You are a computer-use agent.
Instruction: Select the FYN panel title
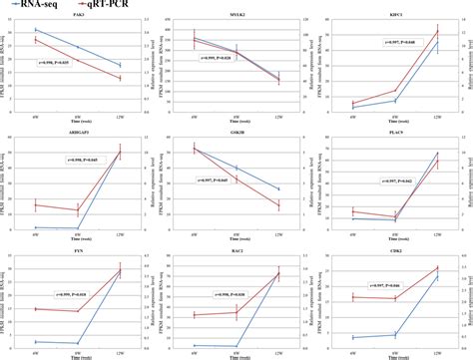78,256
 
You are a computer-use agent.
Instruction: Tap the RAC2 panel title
236,256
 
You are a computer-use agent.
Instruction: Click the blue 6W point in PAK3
36,30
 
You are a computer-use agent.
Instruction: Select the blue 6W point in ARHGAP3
36,227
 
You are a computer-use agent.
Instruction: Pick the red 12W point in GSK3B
278,205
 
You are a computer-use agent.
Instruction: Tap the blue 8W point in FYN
78,342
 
